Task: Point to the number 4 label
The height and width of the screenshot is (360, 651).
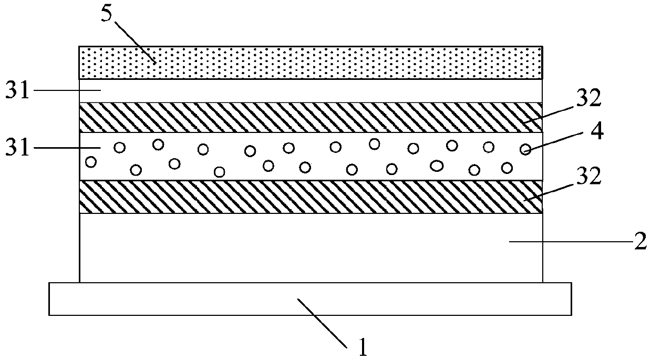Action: [597, 131]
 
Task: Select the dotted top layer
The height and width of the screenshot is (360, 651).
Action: [310, 63]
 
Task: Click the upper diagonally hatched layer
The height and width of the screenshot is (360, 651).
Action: [310, 117]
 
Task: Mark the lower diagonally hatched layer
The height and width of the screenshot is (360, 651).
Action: [310, 196]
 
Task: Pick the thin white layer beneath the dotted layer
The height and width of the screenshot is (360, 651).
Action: [310, 91]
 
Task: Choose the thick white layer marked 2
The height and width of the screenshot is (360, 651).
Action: [310, 247]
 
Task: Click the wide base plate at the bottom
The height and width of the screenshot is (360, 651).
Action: [310, 299]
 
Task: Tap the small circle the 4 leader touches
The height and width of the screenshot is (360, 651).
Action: [525, 150]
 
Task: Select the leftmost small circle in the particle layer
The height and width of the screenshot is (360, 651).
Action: [91, 162]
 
